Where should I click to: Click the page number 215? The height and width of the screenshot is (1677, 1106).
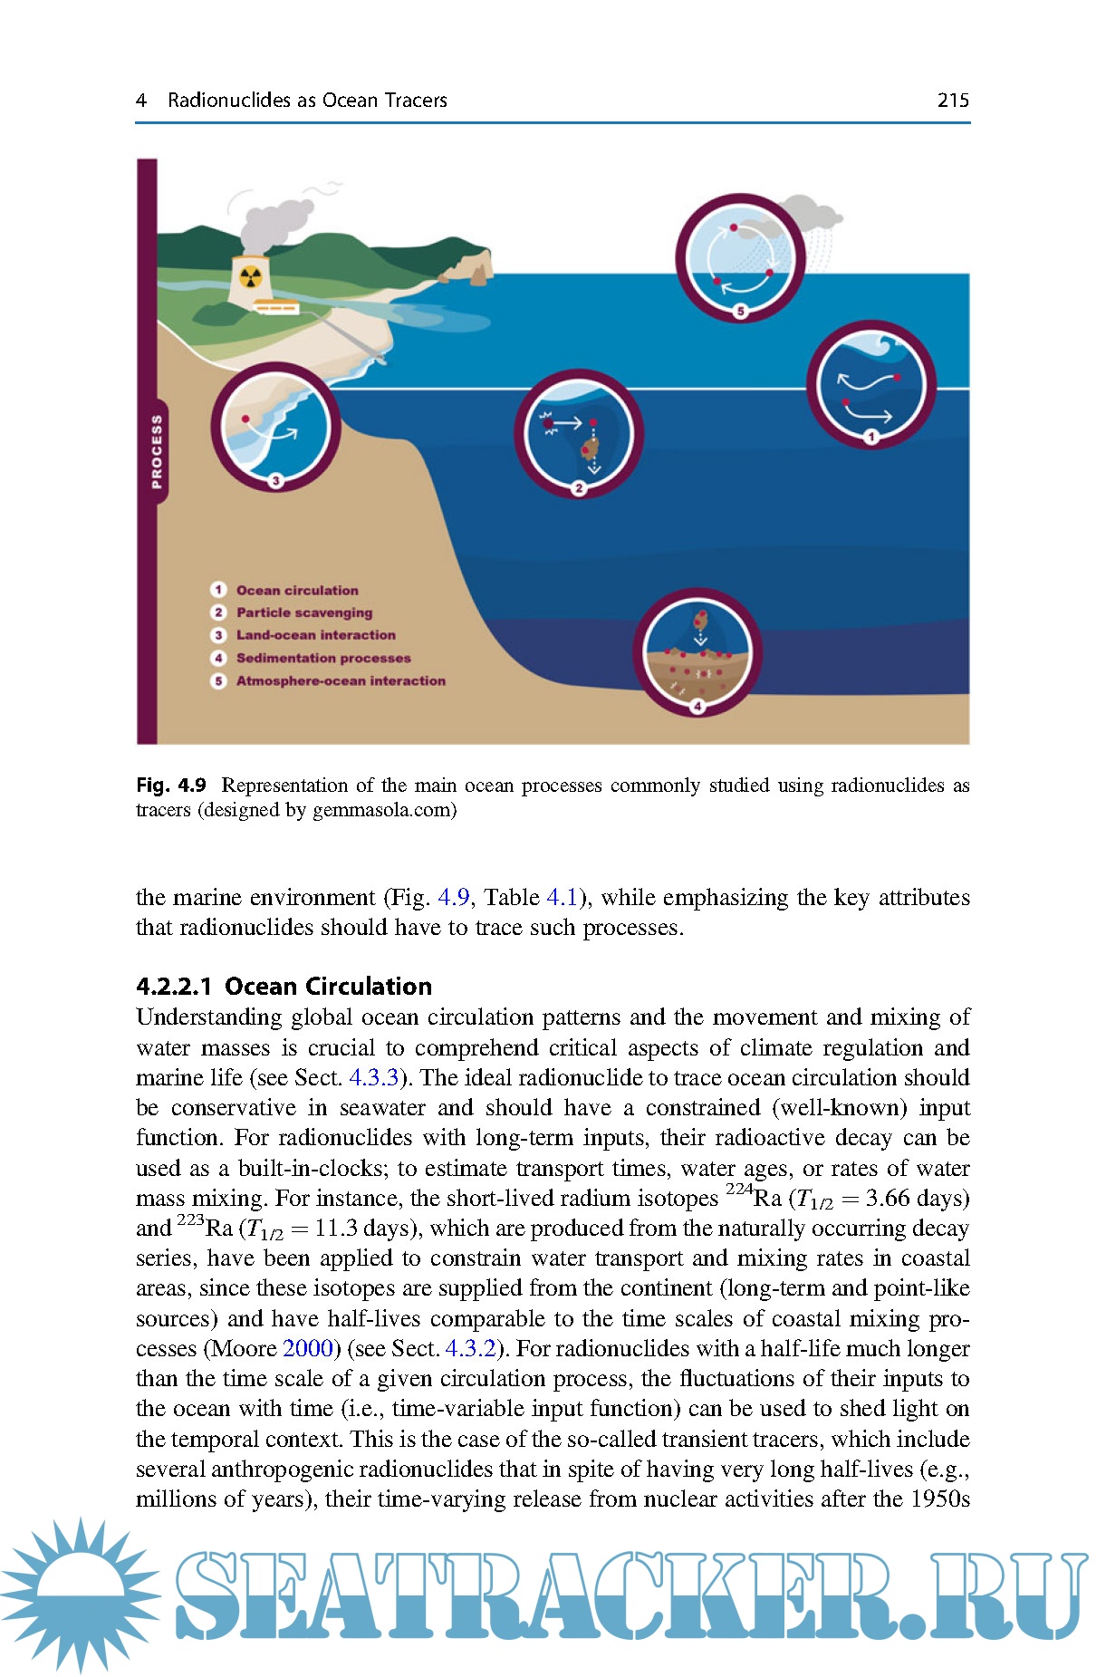(x=952, y=100)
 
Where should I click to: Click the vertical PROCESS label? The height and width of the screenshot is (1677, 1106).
(x=157, y=451)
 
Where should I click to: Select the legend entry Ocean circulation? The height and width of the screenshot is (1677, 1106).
(x=296, y=591)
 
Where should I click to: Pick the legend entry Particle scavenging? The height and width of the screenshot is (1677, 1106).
(x=303, y=613)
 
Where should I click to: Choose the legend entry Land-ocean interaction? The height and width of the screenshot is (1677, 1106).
(x=315, y=636)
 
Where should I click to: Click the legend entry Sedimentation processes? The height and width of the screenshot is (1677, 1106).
(x=322, y=659)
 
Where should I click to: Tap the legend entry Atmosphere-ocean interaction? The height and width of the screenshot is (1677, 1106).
(x=340, y=681)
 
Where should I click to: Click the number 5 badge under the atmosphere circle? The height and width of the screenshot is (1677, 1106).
(x=740, y=312)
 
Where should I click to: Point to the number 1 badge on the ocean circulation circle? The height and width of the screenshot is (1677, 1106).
(x=870, y=438)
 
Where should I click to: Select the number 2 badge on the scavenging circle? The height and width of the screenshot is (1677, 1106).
(x=579, y=489)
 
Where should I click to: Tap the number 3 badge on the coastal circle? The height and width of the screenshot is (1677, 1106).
(x=275, y=481)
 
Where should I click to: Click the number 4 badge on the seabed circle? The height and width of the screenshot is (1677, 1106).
(x=697, y=707)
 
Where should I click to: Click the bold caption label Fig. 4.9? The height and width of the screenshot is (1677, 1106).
(x=171, y=785)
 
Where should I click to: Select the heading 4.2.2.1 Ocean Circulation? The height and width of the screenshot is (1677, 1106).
(x=284, y=987)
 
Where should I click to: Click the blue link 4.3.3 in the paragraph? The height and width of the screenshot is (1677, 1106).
(x=373, y=1078)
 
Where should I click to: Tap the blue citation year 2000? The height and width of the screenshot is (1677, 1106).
(x=308, y=1349)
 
